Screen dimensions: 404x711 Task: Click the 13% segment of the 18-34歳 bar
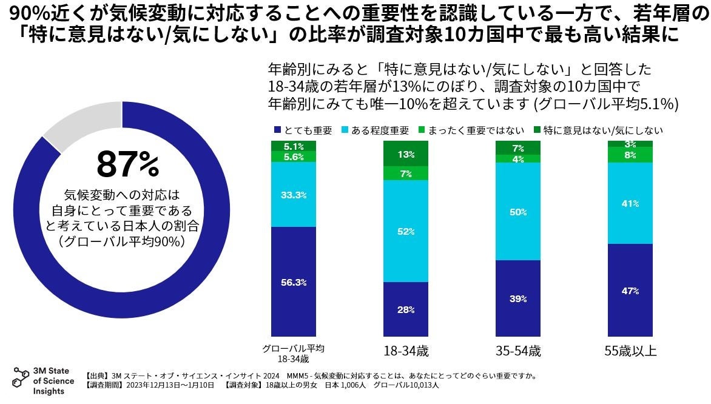tap(406, 154)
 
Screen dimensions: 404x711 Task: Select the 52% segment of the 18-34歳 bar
tap(406, 231)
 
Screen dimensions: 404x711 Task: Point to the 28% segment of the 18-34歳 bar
tap(406, 309)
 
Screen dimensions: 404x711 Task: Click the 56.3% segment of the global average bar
tap(294, 282)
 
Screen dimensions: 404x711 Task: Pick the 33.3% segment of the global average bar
tap(294, 195)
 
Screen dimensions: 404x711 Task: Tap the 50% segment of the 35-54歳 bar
tap(518, 212)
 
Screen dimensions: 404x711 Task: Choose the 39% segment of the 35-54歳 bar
tap(518, 298)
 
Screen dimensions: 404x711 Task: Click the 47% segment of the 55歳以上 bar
tap(630, 291)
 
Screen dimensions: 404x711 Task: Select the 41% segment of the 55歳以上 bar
tap(630, 204)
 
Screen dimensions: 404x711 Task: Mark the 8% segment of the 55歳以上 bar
tap(630, 155)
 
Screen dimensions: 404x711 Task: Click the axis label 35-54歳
tap(517, 351)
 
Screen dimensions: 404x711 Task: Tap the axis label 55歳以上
tap(630, 351)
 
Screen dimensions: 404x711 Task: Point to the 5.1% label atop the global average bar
tap(294, 146)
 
